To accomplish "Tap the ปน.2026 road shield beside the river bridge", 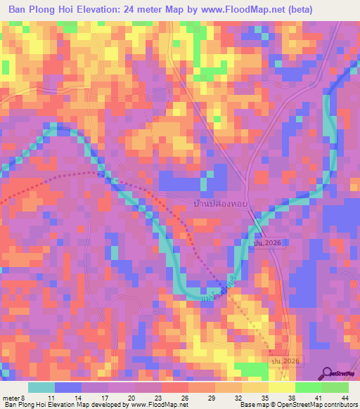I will (x=266, y=243).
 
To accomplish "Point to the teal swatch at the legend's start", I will (x=41, y=387).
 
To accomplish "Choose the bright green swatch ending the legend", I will (x=335, y=387).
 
